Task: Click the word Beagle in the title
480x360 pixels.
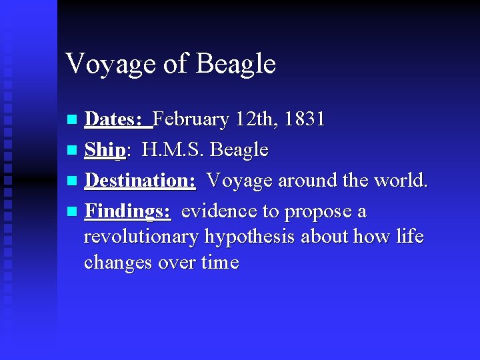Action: (236, 65)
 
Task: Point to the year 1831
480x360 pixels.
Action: (303, 120)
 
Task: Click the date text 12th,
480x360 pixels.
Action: (256, 120)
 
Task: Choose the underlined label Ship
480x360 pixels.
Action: (105, 151)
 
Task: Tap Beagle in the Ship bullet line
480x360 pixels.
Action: (239, 151)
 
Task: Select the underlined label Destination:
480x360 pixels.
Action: (140, 181)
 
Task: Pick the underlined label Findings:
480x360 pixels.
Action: (128, 211)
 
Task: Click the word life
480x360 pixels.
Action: (409, 237)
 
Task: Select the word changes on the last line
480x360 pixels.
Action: (118, 263)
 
